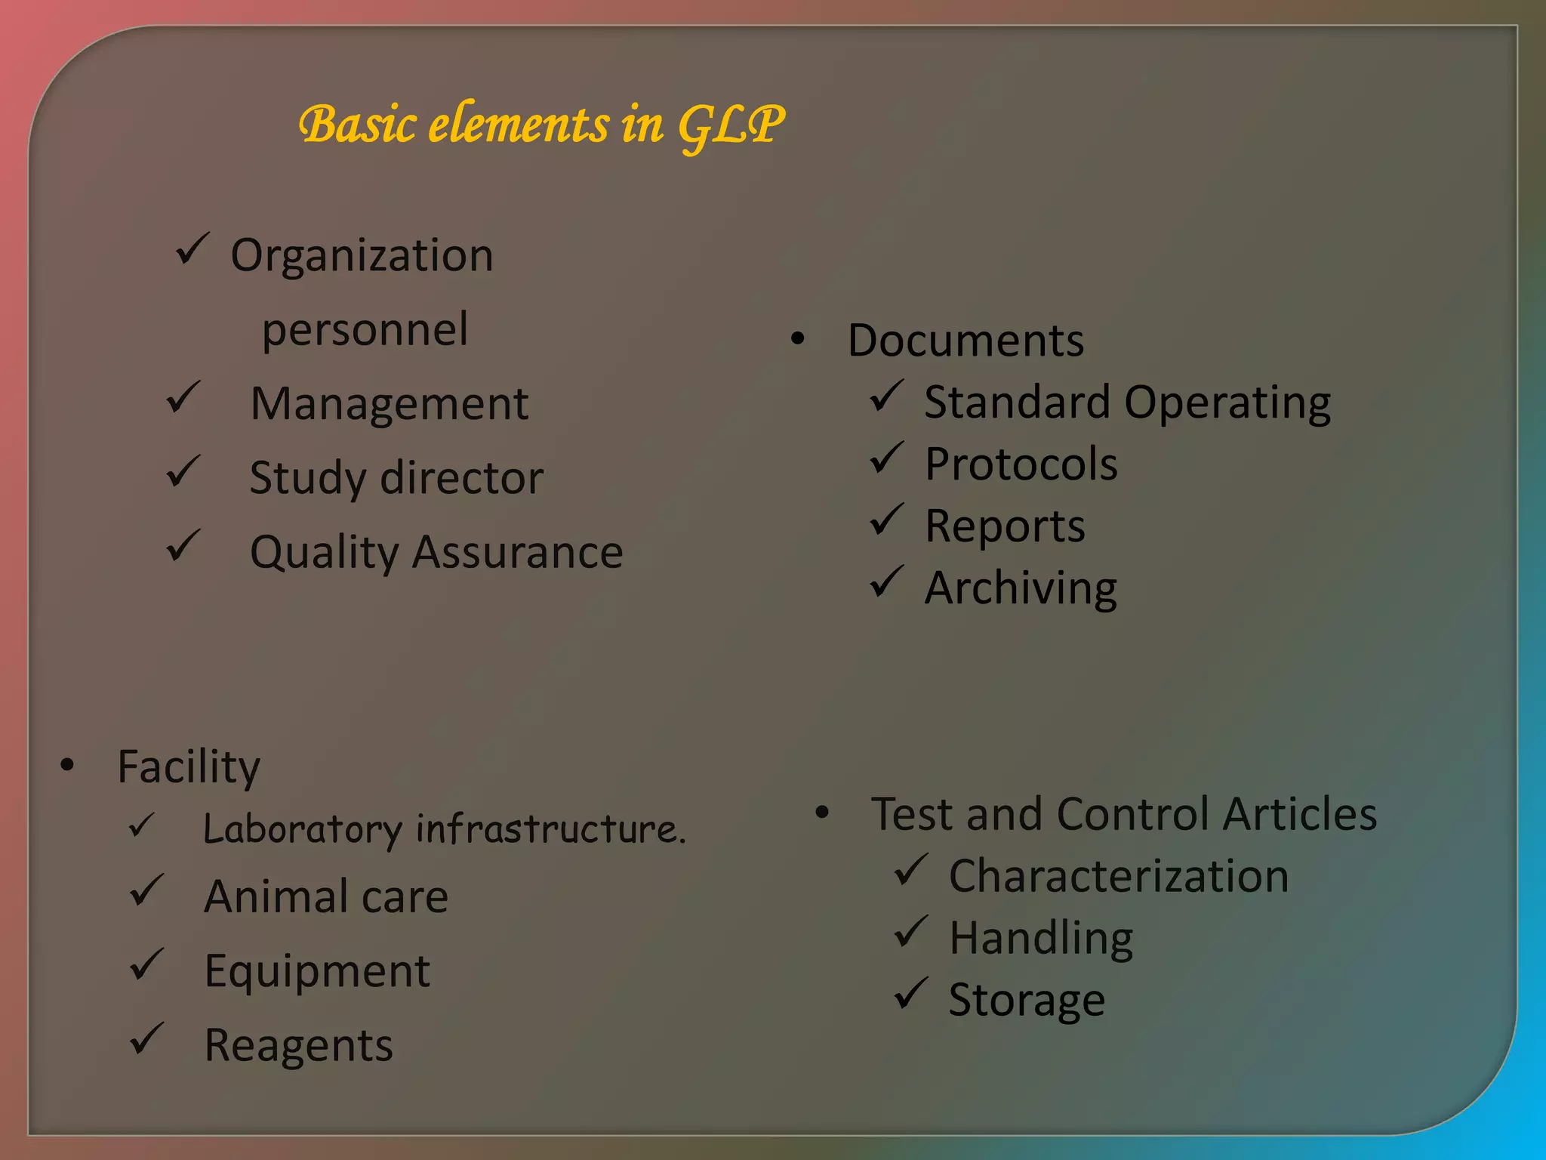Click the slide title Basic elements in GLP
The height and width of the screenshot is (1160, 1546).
540,125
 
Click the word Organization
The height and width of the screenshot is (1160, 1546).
362,255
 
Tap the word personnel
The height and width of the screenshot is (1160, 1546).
365,329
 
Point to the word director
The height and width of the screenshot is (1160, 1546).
461,478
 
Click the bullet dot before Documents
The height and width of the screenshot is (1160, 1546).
798,339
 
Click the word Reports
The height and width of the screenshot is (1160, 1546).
1005,526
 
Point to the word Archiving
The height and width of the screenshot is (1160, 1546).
1021,588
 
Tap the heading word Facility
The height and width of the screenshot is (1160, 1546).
189,767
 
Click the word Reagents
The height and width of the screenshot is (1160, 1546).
299,1046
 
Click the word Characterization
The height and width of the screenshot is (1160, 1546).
1118,877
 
